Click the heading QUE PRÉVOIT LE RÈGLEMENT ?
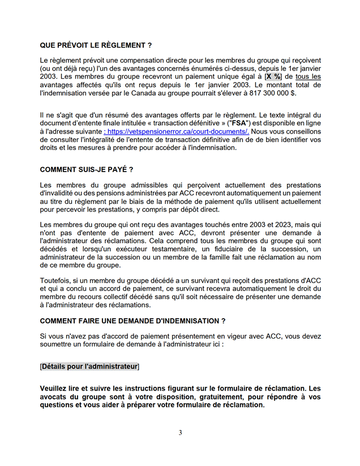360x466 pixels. point(96,45)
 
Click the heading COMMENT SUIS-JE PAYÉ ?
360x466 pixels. point(87,170)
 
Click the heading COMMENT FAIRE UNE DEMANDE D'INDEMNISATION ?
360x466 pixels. point(133,321)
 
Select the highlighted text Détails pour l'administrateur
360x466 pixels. point(90,367)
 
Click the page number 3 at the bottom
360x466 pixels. point(180,433)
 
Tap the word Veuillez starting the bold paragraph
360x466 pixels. point(57,388)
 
